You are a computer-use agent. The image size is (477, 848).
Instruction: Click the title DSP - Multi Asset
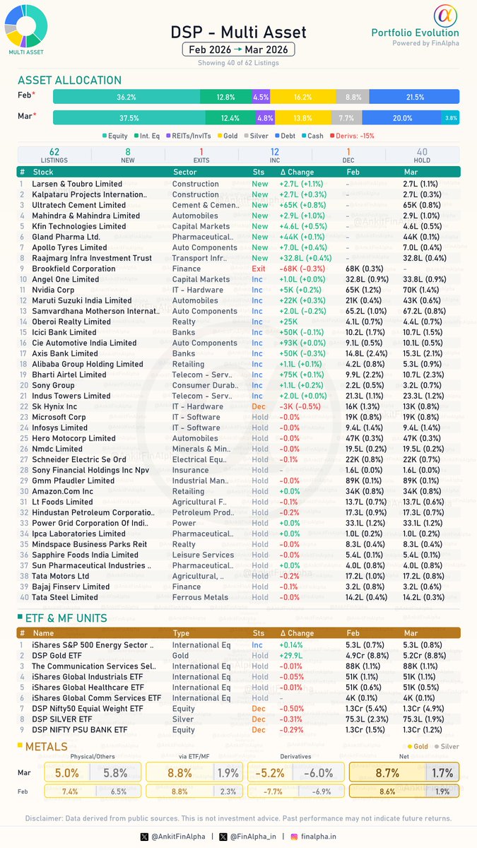[238, 32]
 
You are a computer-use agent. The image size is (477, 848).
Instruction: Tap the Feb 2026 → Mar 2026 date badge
[238, 49]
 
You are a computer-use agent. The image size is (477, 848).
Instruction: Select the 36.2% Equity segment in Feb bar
[126, 97]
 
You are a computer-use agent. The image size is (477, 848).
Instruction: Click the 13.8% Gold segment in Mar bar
[303, 118]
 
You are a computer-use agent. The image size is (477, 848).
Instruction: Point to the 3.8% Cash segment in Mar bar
[450, 118]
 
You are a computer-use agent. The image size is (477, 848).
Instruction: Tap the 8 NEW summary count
[128, 156]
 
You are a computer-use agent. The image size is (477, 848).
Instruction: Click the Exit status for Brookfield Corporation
[259, 269]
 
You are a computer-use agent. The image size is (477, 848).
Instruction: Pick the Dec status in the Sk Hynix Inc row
[259, 406]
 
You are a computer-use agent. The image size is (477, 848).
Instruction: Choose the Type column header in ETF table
[182, 634]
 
